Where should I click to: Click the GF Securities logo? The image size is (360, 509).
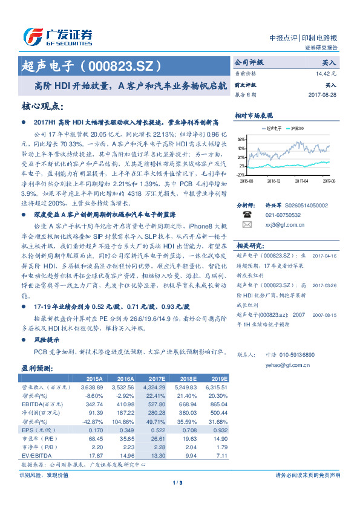pos(57,36)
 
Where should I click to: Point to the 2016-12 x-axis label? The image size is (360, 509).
pos(273,180)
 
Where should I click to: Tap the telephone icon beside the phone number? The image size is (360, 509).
pos(247,214)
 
